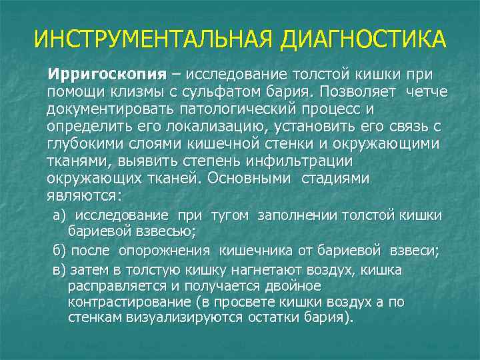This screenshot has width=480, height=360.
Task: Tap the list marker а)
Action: tap(60, 215)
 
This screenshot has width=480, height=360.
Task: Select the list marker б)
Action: tap(60, 251)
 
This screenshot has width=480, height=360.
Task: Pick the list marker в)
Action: tap(60, 269)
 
